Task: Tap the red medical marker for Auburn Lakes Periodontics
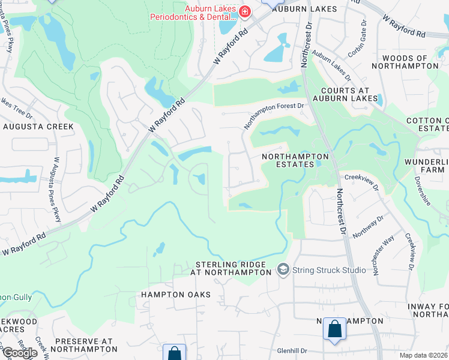244,11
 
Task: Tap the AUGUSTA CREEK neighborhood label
38,127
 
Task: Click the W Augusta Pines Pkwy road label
57,190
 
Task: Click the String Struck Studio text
329,270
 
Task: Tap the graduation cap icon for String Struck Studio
283,270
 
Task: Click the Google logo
19,353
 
